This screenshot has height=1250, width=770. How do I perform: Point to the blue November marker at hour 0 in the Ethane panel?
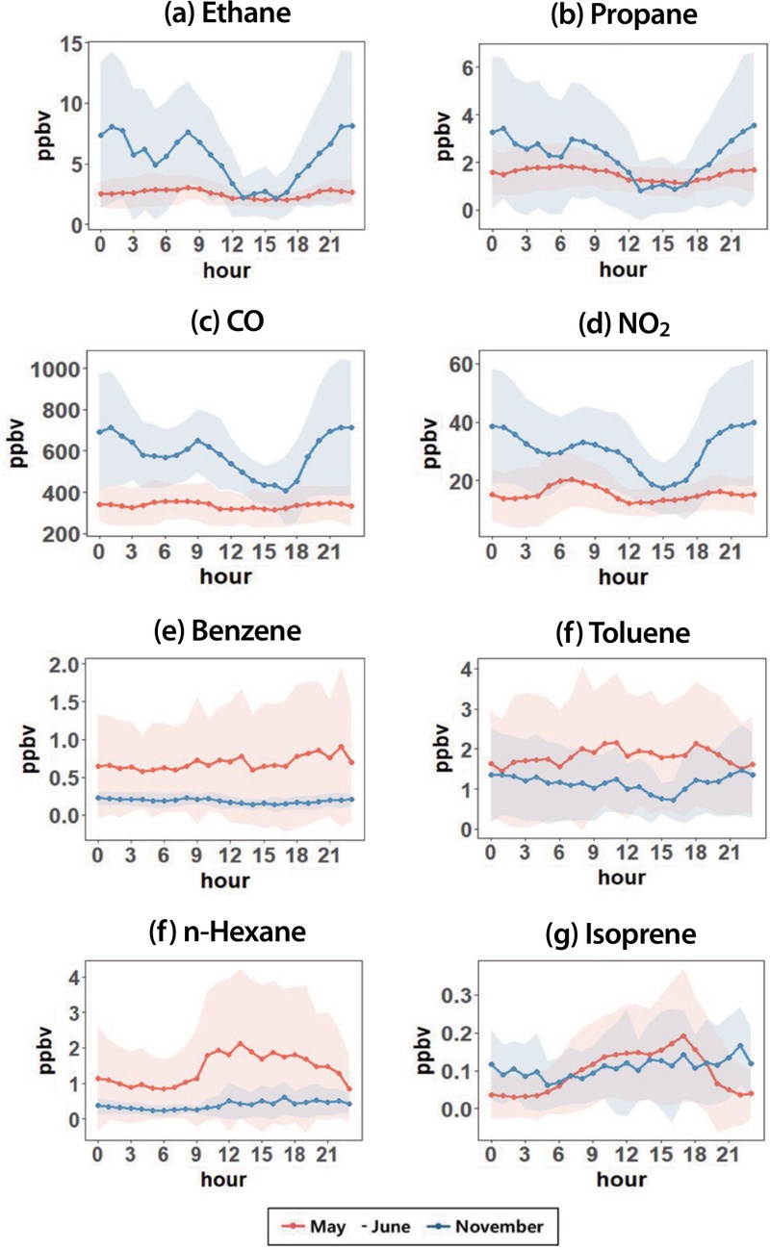tap(101, 135)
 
